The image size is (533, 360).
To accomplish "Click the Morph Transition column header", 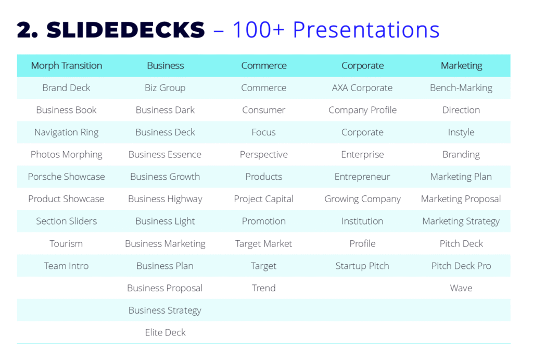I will pos(66,66).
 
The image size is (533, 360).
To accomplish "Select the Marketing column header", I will pos(461,66).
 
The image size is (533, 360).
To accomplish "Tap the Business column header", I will pos(165,66).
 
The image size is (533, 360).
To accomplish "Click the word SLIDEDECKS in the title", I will pos(125,30).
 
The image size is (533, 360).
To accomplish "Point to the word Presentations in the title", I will pos(366,30).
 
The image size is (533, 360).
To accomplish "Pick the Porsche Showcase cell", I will pos(66,177).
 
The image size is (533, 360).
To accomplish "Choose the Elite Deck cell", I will pos(165,332).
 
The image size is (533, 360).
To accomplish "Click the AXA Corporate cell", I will pos(362,88).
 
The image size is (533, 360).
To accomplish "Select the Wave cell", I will pos(461,288).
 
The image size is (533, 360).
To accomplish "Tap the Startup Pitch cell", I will pos(362,266).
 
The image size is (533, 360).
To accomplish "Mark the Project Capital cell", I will pos(263,199).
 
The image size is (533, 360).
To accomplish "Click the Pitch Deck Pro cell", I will pos(461,266).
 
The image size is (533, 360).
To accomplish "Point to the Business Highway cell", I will pos(165,199).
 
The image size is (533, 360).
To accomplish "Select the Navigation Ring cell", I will pos(66,132).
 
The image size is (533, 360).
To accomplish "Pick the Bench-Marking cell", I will pos(461,88).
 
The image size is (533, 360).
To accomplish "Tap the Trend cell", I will pos(263,288).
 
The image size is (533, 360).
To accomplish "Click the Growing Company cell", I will pos(362,199).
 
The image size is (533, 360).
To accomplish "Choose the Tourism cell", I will pos(66,243).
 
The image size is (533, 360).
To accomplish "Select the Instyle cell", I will pos(461,132).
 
